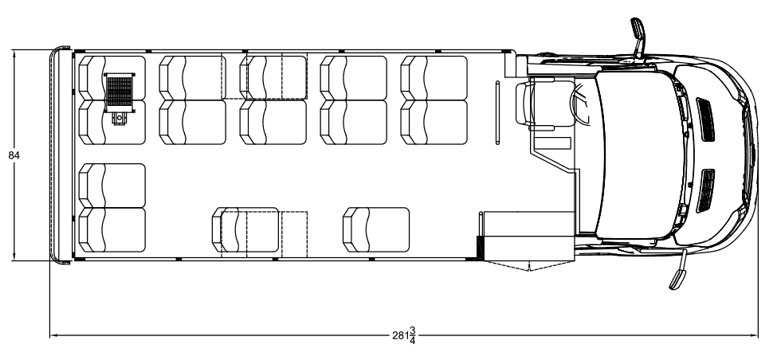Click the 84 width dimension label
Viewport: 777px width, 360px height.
(14, 155)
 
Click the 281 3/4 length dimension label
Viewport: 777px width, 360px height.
(404, 335)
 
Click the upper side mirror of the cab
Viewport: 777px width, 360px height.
(638, 37)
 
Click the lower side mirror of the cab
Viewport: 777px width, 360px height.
(678, 270)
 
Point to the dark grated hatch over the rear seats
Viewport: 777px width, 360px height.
(120, 92)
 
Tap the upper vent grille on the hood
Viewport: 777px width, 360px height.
(705, 119)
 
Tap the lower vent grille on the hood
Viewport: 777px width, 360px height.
(705, 190)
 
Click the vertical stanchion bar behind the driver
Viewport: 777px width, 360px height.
(497, 112)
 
